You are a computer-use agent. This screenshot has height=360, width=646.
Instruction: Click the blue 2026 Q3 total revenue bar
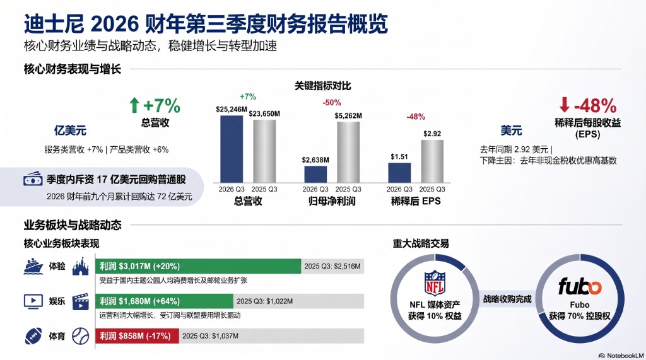coord(232,149)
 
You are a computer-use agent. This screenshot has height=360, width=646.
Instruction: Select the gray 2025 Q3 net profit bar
coord(348,152)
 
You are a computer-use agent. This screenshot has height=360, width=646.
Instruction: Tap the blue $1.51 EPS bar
coord(399,173)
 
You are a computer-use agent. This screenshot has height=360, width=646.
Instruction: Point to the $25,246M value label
coord(232,109)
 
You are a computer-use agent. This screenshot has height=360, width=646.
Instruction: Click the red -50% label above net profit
coord(332,103)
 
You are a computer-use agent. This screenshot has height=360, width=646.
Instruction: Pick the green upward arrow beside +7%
coord(134,105)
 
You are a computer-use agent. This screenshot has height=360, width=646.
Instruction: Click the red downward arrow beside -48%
coord(565,105)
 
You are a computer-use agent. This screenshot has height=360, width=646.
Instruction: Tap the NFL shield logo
coord(435,283)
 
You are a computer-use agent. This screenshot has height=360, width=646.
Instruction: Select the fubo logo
coord(580,286)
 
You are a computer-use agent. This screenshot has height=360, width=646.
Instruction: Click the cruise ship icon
coord(33,266)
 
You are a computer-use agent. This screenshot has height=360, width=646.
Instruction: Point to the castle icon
coord(80,267)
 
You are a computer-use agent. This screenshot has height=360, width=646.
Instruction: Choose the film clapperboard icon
coord(80,301)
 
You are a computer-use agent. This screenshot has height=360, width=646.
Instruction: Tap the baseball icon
coord(80,336)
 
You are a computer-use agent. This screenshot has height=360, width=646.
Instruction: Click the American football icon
coord(33,336)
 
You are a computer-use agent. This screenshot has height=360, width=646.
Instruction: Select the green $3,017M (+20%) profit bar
coord(198,266)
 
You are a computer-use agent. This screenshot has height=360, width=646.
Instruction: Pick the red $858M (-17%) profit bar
coord(137,336)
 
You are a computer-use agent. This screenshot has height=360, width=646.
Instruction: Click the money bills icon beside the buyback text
coord(33,179)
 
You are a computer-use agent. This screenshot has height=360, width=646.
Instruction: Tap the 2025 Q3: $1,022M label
coord(264,301)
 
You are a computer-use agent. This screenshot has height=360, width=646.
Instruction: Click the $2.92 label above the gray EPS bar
coord(432,134)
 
